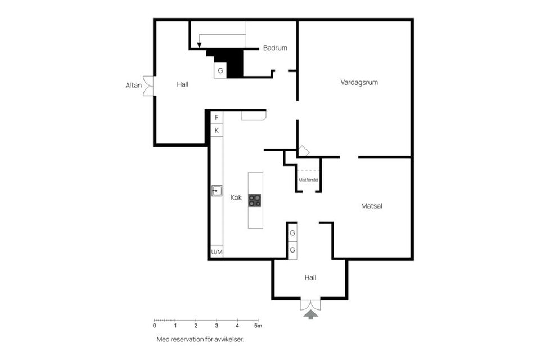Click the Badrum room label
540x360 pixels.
point(275,48)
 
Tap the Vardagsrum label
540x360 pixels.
point(359,82)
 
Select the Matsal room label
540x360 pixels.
point(371,206)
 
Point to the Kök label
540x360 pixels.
point(236,198)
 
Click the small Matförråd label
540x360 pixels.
point(309,180)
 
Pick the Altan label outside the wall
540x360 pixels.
point(133,86)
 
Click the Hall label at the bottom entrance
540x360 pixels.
point(310,277)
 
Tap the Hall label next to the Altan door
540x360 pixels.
point(182,84)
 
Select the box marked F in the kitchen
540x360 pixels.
point(217,118)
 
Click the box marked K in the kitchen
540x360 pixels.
point(217,130)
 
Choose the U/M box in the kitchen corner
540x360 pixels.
point(217,253)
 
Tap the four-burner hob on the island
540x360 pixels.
point(255,201)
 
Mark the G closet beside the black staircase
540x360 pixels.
point(220,71)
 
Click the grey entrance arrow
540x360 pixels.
point(310,315)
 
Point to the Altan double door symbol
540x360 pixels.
point(148,86)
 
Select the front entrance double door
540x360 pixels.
point(310,304)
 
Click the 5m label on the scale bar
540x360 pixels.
point(258,326)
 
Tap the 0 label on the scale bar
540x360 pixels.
point(155,326)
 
